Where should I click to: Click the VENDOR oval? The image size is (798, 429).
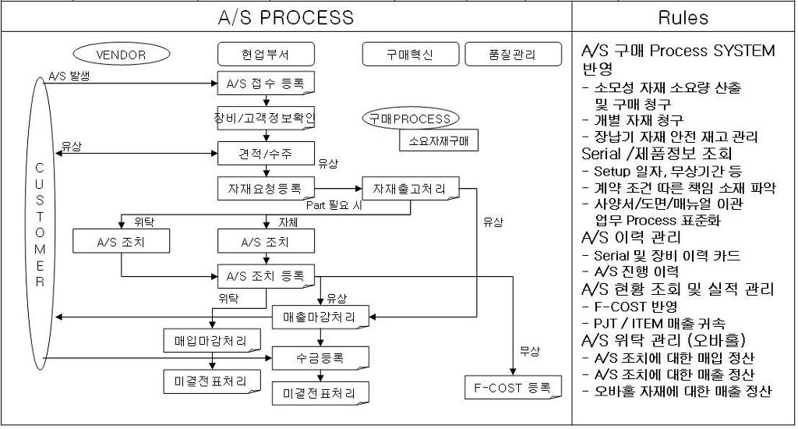click(x=121, y=55)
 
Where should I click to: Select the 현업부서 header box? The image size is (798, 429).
click(x=266, y=55)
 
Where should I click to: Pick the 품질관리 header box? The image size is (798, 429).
click(x=512, y=55)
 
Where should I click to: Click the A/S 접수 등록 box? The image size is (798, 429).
click(x=266, y=82)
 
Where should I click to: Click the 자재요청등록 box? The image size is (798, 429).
click(x=266, y=188)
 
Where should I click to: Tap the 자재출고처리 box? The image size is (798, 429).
click(x=410, y=188)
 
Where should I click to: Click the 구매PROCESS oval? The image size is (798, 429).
click(x=411, y=119)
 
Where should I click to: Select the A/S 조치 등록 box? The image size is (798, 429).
click(x=266, y=275)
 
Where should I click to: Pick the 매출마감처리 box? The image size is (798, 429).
click(x=320, y=317)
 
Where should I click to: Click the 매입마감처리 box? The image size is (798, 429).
click(x=210, y=340)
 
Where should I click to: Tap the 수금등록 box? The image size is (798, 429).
click(x=320, y=359)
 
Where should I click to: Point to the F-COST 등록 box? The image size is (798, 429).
click(x=512, y=386)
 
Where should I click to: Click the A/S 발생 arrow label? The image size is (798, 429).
click(x=69, y=76)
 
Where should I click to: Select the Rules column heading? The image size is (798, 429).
click(x=683, y=17)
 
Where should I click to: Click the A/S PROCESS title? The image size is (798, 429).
click(x=285, y=17)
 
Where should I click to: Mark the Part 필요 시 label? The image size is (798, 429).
click(x=330, y=205)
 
